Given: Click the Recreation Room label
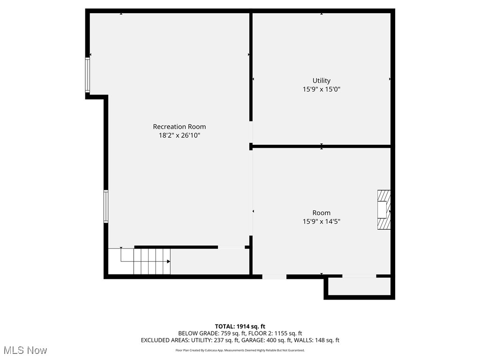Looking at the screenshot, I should coord(179,127).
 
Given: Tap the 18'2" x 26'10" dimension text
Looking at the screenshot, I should coord(179,135).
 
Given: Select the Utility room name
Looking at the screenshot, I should coord(322,81).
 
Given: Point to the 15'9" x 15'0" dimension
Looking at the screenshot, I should coord(322,89).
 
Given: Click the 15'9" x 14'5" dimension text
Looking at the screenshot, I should coord(322,221).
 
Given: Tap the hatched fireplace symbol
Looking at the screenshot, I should coord(384,210).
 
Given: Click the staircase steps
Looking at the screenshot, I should coord(152,262).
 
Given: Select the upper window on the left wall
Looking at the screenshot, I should coord(87,75).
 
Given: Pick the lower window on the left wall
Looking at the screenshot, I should coord(106,206).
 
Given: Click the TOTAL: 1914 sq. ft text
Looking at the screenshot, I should coord(240,326).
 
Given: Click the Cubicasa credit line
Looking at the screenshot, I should coord(240,350).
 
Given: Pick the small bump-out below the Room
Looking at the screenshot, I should coord(359,287).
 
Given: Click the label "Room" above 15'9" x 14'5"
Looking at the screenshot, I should coord(322,213).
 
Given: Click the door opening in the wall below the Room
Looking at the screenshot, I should coord(274,277).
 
